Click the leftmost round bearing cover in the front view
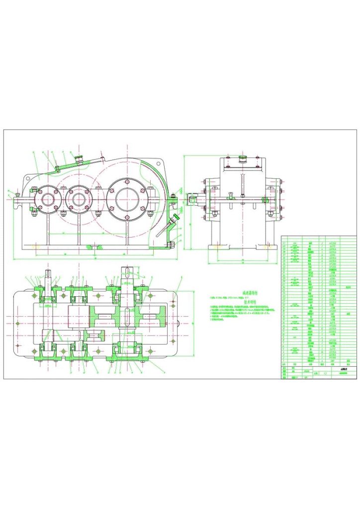48,200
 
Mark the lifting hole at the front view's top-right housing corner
159,163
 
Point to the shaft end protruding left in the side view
191,197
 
